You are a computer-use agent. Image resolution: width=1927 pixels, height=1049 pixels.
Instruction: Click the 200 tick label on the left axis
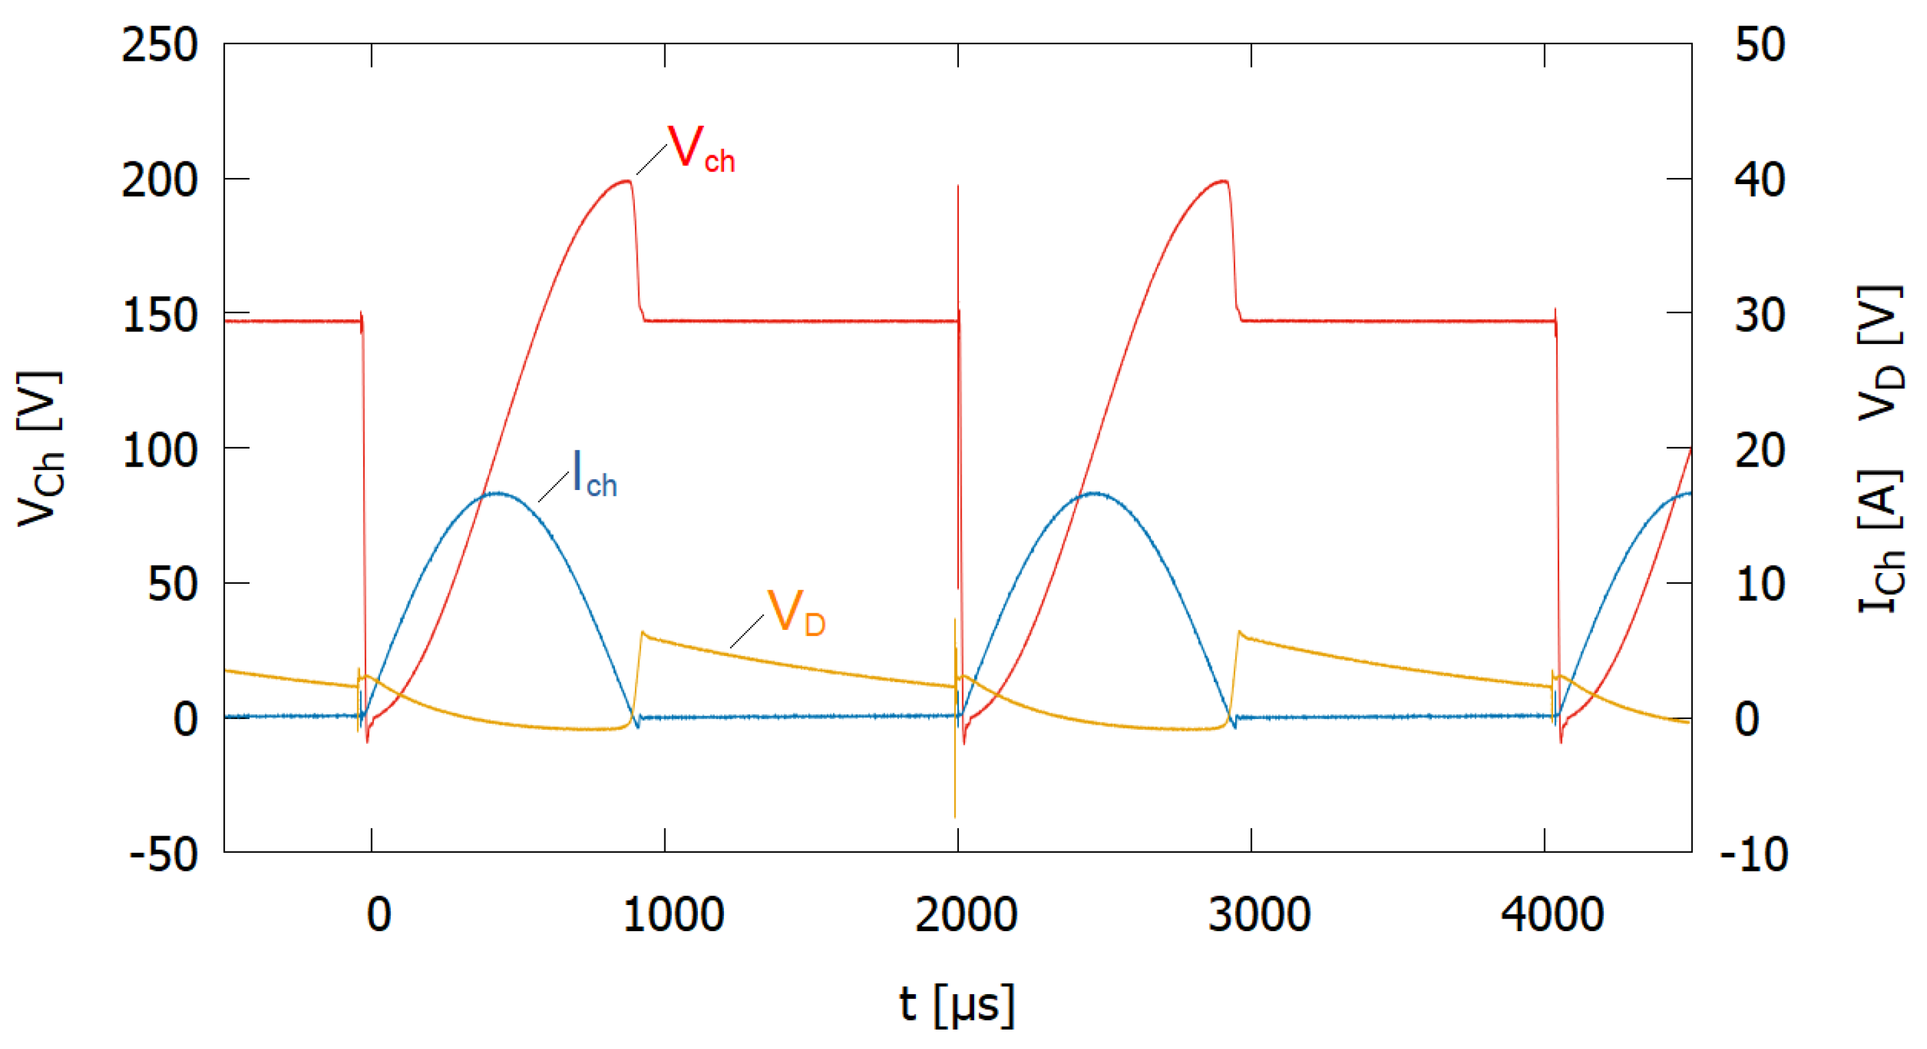point(159,180)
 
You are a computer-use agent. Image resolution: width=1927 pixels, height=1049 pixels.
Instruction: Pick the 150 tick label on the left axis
point(159,315)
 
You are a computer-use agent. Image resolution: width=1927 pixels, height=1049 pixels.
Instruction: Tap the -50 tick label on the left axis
point(163,854)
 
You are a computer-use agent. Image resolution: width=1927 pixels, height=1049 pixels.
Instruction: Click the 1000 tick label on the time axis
point(673,914)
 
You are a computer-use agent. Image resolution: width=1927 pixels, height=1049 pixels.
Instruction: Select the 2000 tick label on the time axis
point(966,914)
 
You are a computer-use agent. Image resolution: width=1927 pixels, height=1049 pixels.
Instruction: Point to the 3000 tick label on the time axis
point(1259,914)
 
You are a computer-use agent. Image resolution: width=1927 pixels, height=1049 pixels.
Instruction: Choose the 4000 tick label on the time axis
point(1552,914)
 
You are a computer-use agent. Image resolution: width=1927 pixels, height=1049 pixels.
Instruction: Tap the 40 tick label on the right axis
point(1760,180)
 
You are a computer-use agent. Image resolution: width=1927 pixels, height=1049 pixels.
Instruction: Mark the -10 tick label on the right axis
point(1754,854)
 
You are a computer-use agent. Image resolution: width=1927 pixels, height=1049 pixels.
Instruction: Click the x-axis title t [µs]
point(957,1004)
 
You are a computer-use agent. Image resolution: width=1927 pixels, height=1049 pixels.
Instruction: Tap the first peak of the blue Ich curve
point(497,493)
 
